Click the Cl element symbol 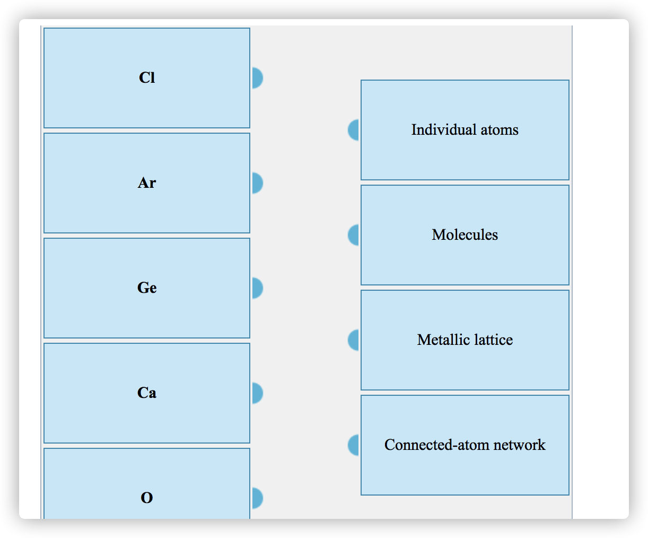[147, 78]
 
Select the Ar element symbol [147, 183]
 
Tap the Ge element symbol [147, 288]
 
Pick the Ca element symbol [147, 393]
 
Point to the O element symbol [147, 498]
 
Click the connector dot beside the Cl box [257, 78]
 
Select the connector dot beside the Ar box [257, 183]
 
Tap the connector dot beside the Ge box [257, 288]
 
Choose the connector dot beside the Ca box [257, 393]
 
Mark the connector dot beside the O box [257, 498]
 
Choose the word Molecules [465, 235]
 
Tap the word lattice [493, 340]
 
